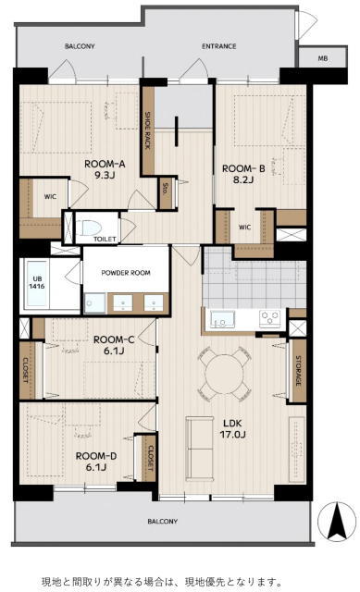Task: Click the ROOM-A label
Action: click(x=105, y=165)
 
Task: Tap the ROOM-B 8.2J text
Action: click(x=242, y=174)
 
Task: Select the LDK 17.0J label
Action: click(x=232, y=428)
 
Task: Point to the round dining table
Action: click(x=224, y=374)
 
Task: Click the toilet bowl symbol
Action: click(x=92, y=228)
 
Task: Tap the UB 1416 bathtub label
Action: click(x=37, y=282)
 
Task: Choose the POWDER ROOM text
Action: click(x=126, y=273)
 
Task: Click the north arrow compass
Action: click(x=336, y=522)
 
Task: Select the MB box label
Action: click(x=323, y=58)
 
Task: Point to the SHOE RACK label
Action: click(x=148, y=130)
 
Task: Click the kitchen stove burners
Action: click(x=269, y=318)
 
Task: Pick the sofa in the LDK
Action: click(x=200, y=449)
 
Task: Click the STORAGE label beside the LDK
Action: click(x=298, y=370)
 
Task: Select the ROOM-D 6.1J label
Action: click(x=96, y=462)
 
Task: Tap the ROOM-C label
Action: click(x=114, y=339)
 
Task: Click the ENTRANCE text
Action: click(x=218, y=46)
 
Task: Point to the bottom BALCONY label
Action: click(x=163, y=522)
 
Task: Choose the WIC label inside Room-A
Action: click(x=50, y=197)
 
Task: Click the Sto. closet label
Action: click(x=165, y=189)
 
